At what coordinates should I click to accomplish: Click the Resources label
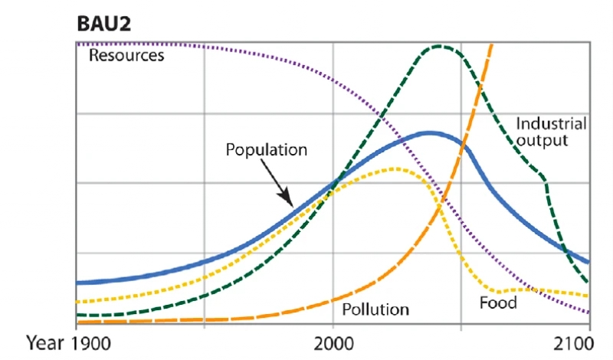[126, 55]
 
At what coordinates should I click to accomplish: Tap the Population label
[266, 149]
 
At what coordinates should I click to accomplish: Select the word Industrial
[551, 123]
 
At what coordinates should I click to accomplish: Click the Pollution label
[375, 309]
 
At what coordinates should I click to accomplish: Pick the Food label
[498, 303]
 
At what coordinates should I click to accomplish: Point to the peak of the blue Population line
[430, 133]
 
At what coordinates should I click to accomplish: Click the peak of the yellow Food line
[396, 169]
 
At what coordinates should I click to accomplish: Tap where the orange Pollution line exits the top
[492, 44]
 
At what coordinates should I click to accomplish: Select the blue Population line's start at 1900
[77, 283]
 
